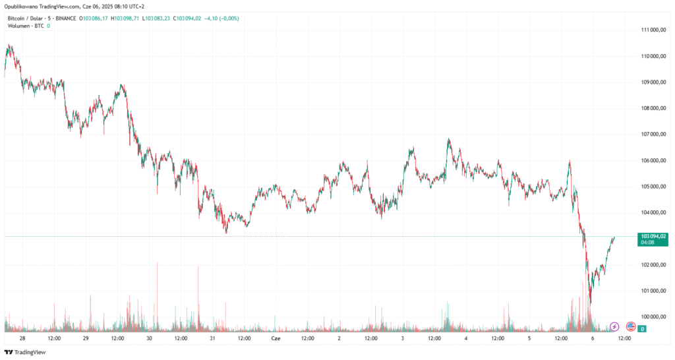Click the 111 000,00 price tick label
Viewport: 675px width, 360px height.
(x=655, y=30)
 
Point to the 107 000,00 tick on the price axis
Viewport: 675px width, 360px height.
(x=655, y=135)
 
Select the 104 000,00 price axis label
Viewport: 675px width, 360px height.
(x=655, y=212)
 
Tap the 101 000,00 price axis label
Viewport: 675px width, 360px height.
(x=655, y=291)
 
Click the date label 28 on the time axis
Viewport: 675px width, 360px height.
(x=22, y=338)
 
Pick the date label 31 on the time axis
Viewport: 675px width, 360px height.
(x=212, y=338)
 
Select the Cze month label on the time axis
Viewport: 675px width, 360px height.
(x=276, y=338)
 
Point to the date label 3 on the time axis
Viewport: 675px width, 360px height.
(x=402, y=338)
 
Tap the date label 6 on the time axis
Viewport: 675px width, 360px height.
(x=593, y=338)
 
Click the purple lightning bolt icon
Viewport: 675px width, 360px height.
(x=614, y=326)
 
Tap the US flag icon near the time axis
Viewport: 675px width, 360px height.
(x=630, y=326)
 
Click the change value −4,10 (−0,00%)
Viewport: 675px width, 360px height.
(x=223, y=18)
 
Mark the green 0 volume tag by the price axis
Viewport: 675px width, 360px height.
(x=642, y=328)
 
